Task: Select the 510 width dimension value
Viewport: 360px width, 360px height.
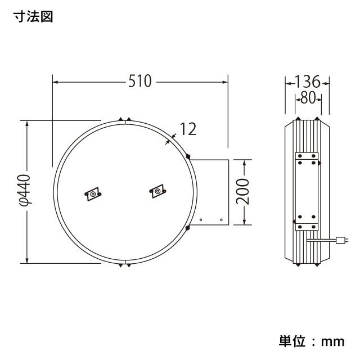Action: point(139,82)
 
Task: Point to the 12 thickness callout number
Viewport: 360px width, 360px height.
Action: point(188,130)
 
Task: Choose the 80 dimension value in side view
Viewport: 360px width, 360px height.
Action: point(308,98)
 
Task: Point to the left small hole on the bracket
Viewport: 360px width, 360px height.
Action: point(201,219)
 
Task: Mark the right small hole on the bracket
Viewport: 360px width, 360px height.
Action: point(221,219)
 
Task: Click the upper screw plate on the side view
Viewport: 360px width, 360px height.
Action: point(307,158)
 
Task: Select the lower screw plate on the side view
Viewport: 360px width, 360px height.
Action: point(307,224)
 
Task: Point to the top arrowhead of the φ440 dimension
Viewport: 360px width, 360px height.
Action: point(26,123)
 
